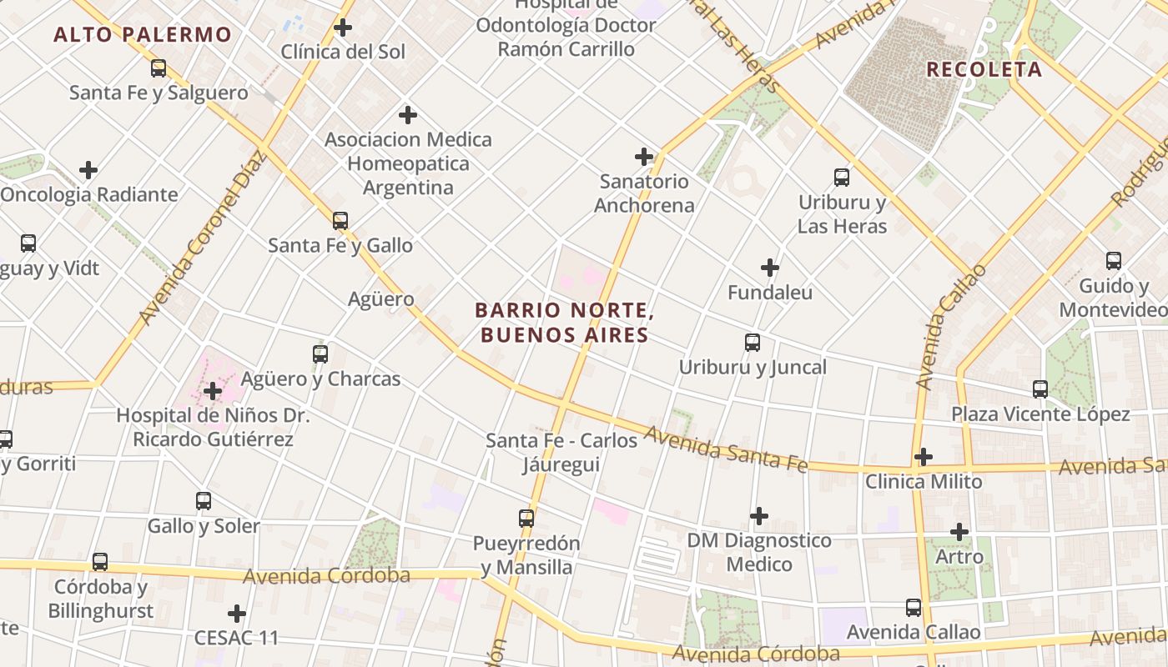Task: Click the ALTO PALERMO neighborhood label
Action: (x=143, y=35)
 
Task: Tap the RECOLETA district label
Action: (x=984, y=69)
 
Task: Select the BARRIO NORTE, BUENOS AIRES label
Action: (x=563, y=323)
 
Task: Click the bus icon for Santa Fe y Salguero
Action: (x=159, y=68)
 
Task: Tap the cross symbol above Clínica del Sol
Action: (x=342, y=28)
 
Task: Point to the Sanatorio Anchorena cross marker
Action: (x=644, y=157)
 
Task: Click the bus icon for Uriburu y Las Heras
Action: (x=842, y=178)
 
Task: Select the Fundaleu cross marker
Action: (x=770, y=268)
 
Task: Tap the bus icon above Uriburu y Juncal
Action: (x=753, y=343)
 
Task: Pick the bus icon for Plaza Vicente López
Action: (x=1040, y=389)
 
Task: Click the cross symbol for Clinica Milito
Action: (x=923, y=457)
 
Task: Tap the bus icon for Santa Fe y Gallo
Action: (x=340, y=221)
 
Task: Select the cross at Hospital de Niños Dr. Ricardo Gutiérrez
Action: (x=213, y=391)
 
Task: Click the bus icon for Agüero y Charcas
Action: (x=320, y=354)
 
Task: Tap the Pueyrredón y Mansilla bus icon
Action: (x=526, y=519)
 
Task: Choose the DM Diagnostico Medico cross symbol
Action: (x=758, y=516)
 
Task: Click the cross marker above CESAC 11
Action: (x=237, y=614)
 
